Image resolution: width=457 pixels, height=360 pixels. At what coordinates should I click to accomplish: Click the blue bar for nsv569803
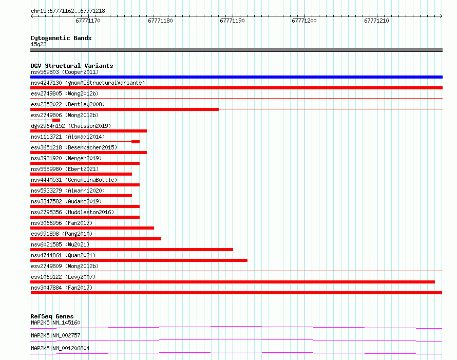click(236, 77)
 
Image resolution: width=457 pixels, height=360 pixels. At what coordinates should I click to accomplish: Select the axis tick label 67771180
click(160, 21)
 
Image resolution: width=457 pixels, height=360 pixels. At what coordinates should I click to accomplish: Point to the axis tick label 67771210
click(376, 21)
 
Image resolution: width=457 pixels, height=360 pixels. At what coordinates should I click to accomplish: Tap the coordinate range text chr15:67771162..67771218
click(68, 11)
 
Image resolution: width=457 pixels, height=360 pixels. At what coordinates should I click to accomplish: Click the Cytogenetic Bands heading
click(61, 38)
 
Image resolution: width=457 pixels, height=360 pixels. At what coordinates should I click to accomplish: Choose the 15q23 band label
click(39, 44)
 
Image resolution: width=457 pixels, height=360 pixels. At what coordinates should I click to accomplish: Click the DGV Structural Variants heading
click(72, 66)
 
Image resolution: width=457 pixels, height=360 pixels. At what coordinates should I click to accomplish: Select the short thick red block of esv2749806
click(56, 120)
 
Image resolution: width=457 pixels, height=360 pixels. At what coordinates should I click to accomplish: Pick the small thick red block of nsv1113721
click(136, 142)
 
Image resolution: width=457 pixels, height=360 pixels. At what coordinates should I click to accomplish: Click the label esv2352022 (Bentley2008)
click(68, 104)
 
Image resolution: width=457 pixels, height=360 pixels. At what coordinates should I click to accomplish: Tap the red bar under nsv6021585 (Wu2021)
click(132, 250)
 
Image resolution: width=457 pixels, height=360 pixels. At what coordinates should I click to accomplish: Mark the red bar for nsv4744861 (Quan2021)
click(139, 260)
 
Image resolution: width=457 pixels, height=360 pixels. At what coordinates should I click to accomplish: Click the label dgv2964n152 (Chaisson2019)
click(71, 126)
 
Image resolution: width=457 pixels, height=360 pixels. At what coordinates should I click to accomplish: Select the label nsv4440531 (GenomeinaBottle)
click(74, 180)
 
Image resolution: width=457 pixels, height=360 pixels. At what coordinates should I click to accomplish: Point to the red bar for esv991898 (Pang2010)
click(96, 239)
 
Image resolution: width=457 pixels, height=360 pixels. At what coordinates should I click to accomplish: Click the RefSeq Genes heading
click(52, 316)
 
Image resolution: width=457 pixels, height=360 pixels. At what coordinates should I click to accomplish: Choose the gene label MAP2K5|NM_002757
click(55, 335)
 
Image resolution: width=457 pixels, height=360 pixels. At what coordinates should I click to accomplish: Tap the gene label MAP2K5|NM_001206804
click(60, 348)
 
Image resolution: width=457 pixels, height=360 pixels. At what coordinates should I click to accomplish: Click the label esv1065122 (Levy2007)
click(63, 277)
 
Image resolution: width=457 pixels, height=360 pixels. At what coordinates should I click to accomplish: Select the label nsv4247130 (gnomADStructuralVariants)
click(88, 83)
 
